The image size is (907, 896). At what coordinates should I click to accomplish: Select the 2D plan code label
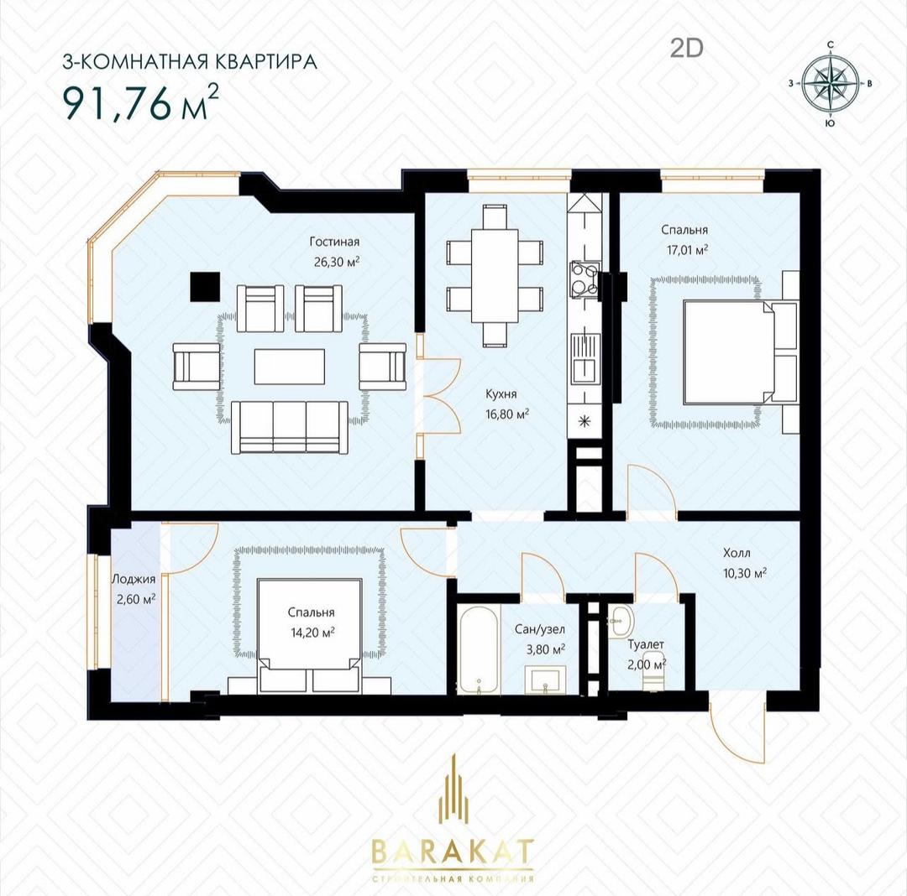687,49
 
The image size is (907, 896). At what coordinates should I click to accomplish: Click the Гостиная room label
334,242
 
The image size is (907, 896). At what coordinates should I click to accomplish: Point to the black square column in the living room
204,287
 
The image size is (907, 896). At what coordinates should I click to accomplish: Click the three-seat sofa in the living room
289,428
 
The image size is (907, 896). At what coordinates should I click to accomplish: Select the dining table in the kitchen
494,276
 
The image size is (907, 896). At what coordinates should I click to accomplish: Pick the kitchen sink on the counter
585,358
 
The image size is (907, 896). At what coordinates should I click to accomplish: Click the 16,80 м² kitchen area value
507,414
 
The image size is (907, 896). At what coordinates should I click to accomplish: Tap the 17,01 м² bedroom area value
685,249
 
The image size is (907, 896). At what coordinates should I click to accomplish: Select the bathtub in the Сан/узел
479,649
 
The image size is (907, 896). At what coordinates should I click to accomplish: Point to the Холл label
737,553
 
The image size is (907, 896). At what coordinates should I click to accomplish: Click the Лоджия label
134,580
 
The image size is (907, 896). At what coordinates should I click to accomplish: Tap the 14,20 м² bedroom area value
312,633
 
